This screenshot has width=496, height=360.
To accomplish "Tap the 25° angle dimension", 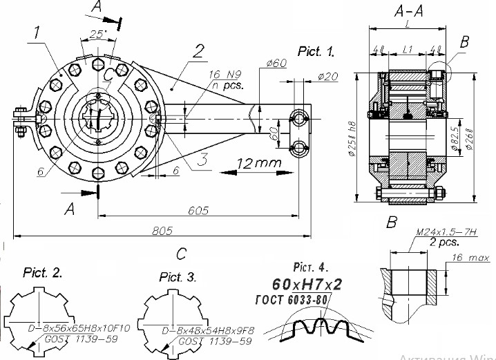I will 97,32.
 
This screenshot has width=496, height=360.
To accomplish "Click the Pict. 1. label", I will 316,52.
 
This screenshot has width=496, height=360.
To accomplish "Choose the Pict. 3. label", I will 178,277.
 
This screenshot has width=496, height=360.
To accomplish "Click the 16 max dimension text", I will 466,257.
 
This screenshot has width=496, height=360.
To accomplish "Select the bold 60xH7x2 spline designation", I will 307,284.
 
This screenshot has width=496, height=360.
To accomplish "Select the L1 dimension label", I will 407,50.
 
